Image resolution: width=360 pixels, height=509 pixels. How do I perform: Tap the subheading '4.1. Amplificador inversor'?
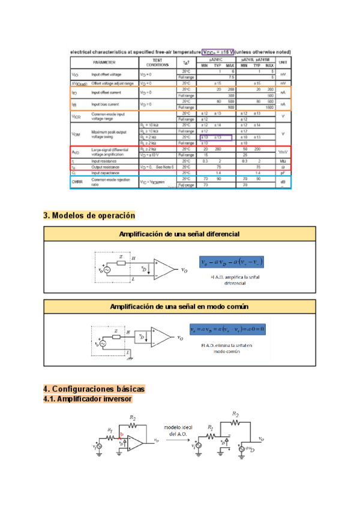click(x=88, y=399)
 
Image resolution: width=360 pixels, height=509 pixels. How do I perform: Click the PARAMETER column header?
click(x=104, y=62)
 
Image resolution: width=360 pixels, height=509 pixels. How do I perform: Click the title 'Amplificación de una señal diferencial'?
click(x=179, y=233)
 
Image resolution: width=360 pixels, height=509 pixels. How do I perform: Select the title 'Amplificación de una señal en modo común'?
click(x=179, y=306)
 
